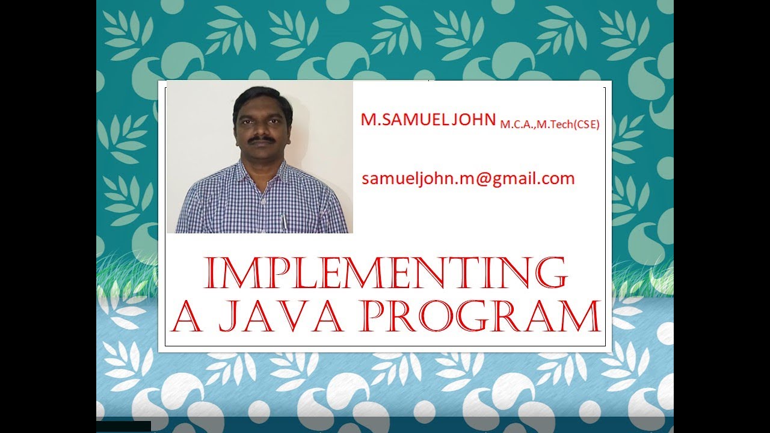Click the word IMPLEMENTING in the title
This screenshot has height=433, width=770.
pyautogui.click(x=386, y=274)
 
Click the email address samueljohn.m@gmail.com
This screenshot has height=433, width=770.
pyautogui.click(x=468, y=179)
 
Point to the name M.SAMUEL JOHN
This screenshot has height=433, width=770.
pyautogui.click(x=428, y=119)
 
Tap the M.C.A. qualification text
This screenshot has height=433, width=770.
pyautogui.click(x=519, y=124)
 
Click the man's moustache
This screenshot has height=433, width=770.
pyautogui.click(x=263, y=139)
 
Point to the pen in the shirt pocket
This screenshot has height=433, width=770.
pyautogui.click(x=283, y=221)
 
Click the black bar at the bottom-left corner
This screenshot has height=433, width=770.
pyautogui.click(x=123, y=426)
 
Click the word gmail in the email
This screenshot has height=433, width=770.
pyautogui.click(x=505, y=179)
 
